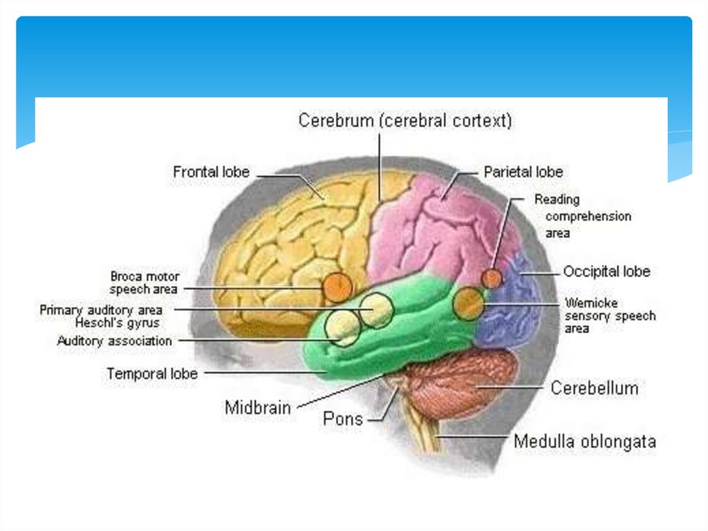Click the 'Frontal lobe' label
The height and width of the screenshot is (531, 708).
[211, 172]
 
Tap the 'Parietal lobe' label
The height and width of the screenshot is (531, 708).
[523, 172]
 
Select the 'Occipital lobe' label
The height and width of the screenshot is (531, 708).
[606, 271]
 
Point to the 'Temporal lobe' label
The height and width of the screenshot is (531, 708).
[152, 374]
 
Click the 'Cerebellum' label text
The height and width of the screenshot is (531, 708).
[594, 388]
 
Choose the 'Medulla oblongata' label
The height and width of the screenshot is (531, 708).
[584, 441]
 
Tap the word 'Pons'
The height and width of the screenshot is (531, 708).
[343, 419]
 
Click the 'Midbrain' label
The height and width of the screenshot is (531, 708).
[258, 407]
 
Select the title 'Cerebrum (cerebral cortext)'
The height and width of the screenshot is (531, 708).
[405, 121]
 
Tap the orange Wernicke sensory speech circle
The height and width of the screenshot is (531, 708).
[469, 303]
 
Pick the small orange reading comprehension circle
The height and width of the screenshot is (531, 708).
[492, 278]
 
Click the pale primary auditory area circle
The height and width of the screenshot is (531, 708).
[377, 309]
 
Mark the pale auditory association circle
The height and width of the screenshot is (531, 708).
[343, 327]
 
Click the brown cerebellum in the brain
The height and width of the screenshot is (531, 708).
[460, 384]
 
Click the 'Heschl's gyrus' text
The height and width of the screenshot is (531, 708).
[118, 323]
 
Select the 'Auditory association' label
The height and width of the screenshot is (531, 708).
[115, 341]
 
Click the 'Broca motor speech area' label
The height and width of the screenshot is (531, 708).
[144, 282]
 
